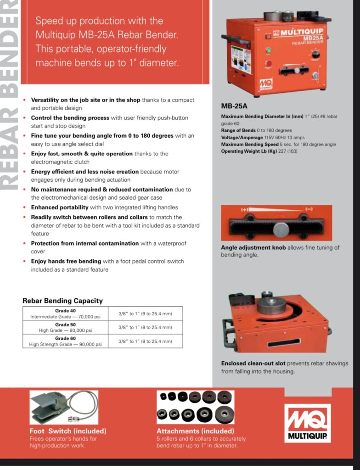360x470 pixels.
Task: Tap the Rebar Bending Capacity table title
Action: (62, 301)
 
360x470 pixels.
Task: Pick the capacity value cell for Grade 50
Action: (145, 327)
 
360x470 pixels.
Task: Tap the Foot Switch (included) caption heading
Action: (67, 431)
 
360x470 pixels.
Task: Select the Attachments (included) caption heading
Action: (195, 431)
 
